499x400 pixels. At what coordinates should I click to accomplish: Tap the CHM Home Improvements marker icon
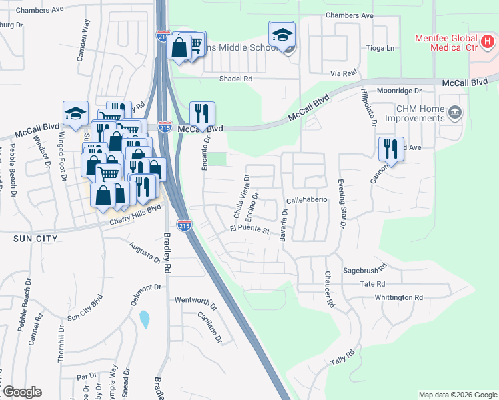tap(455, 111)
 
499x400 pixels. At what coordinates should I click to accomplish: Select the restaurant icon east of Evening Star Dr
tap(391, 149)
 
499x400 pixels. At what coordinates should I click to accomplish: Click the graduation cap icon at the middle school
tap(282, 35)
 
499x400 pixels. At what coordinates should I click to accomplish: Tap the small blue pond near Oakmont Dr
tap(145, 319)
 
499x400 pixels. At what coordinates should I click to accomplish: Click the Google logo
tap(21, 392)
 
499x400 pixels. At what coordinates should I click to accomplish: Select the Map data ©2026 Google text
tap(458, 395)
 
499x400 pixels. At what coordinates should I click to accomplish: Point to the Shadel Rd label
tap(236, 79)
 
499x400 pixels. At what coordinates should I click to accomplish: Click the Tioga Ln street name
tap(381, 49)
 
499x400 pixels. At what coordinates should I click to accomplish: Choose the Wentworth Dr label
tap(196, 300)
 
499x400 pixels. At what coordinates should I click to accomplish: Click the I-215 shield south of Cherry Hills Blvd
tap(185, 225)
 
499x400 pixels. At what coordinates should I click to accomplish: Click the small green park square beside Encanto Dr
tap(217, 160)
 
